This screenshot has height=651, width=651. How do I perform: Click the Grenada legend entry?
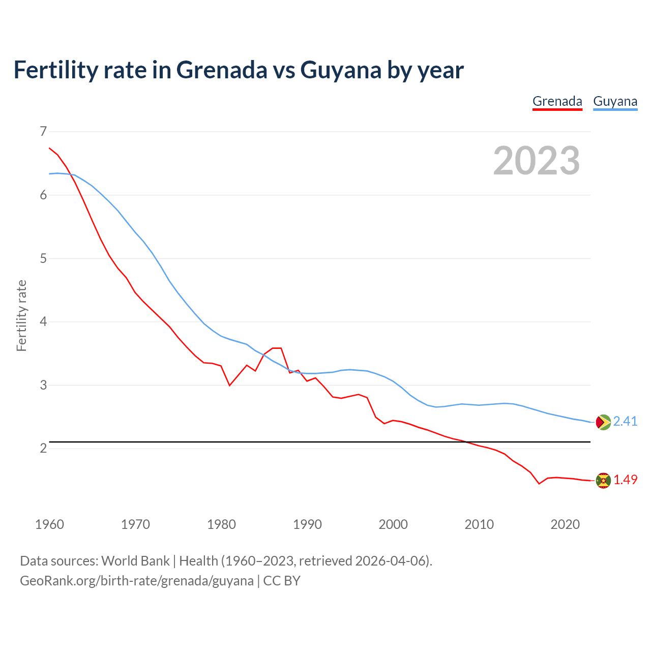tap(557, 101)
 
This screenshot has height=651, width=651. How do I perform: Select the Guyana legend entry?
tap(615, 101)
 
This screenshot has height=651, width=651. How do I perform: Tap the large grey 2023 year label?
tap(536, 161)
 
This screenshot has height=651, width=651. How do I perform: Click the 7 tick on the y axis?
tap(43, 132)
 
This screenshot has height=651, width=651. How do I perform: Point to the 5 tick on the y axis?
tap(43, 258)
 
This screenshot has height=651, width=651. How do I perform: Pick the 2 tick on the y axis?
tap(43, 448)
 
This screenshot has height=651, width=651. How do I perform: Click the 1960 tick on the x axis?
tap(49, 524)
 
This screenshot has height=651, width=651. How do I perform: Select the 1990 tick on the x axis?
tap(307, 524)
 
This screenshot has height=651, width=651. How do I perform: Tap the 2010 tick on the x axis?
tap(479, 524)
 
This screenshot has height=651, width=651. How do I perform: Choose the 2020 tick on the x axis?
tap(565, 524)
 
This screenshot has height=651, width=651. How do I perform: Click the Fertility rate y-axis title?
tap(21, 315)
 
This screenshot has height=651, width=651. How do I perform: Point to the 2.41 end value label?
tap(625, 421)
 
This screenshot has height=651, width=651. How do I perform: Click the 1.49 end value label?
tap(625, 480)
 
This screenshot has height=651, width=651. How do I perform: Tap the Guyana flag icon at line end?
tap(603, 422)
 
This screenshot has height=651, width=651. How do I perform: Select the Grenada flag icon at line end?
tap(603, 480)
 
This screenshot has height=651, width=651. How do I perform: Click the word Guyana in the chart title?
tap(341, 70)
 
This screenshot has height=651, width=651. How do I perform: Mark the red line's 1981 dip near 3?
tap(229, 385)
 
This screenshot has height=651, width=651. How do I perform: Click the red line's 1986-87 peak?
tap(277, 348)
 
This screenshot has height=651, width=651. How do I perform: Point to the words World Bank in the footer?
tap(135, 561)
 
